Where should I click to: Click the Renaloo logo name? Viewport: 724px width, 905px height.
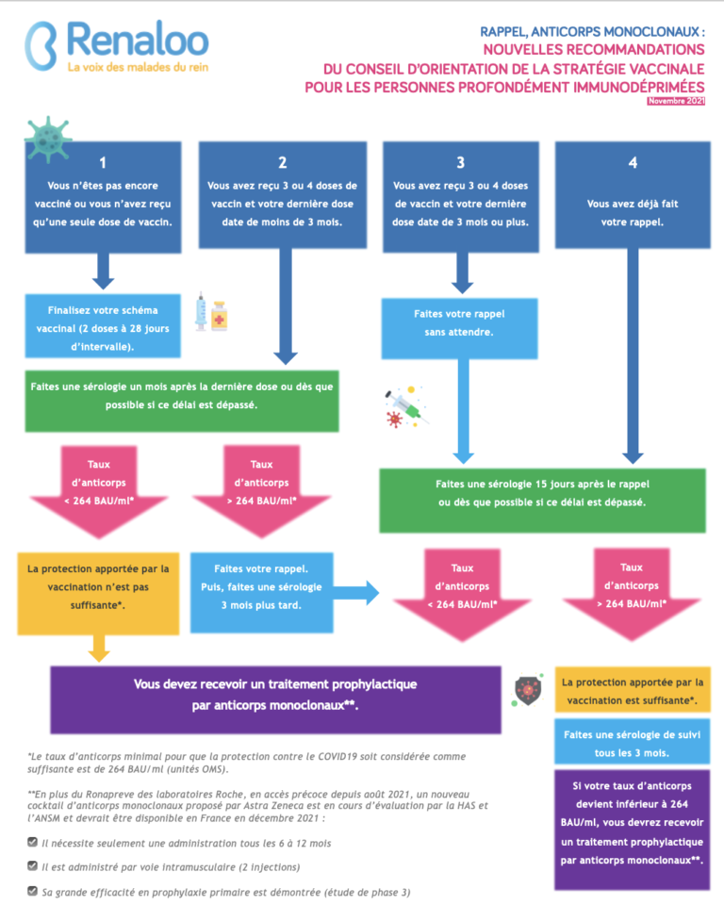[x=138, y=40]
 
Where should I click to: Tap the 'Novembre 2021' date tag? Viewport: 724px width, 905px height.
[x=676, y=101]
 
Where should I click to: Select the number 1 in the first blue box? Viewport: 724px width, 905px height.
[x=103, y=163]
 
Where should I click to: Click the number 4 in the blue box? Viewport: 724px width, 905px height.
[x=633, y=163]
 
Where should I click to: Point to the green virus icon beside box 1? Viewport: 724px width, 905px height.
[x=48, y=140]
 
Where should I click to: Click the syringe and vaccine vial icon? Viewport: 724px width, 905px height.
[x=211, y=312]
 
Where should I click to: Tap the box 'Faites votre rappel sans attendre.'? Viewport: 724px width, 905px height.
[x=460, y=328]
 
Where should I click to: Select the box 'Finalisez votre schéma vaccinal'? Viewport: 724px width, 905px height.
[x=103, y=326]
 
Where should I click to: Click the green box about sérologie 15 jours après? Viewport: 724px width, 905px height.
[x=542, y=501]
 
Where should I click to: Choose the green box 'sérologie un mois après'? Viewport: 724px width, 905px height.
[x=182, y=402]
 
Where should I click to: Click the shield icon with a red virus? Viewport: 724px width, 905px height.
[x=528, y=690]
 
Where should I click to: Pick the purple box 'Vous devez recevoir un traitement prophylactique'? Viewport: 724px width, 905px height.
[x=275, y=700]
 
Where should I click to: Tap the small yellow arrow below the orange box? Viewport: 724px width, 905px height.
[x=99, y=649]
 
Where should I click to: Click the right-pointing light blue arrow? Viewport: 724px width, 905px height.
[x=355, y=593]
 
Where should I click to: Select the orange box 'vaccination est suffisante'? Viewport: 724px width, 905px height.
[x=633, y=690]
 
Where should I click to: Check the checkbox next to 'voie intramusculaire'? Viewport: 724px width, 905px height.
[x=33, y=865]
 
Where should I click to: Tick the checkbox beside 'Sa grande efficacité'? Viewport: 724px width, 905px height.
[x=33, y=891]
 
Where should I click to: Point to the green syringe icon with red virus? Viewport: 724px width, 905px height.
[x=406, y=407]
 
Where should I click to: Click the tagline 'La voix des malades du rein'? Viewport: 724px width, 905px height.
[x=138, y=67]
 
